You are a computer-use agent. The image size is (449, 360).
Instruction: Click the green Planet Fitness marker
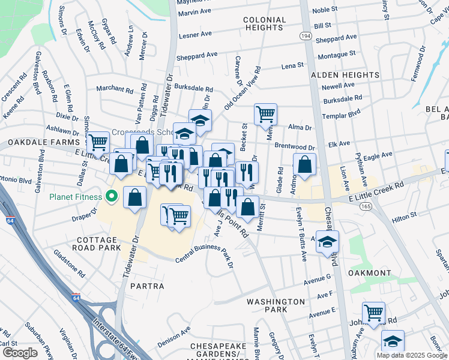112,196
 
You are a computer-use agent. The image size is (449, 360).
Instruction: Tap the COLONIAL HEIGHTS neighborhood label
264,24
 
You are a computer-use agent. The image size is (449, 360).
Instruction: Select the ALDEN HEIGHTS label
345,75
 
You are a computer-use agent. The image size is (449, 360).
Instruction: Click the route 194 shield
306,37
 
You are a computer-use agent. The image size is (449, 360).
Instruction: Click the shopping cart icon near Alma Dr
265,113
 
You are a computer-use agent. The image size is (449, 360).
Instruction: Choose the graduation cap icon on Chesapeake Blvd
327,241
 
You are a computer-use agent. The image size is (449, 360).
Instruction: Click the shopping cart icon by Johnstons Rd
373,312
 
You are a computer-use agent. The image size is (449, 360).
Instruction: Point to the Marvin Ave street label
195,11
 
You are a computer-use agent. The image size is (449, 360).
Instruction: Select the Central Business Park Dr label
204,253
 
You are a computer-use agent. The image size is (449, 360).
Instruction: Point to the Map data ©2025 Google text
411,355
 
